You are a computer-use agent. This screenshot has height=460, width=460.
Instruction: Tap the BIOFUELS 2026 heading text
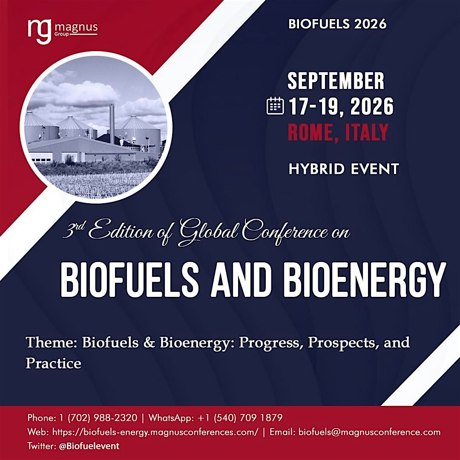tap(337, 24)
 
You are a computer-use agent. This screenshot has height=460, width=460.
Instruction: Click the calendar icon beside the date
tap(275, 106)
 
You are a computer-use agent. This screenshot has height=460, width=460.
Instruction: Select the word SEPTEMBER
tap(336, 81)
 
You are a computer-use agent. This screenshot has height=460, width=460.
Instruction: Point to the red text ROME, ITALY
tap(338, 132)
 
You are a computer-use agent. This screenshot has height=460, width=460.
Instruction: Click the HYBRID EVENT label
tap(343, 169)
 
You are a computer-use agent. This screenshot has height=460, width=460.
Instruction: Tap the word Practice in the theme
tap(53, 363)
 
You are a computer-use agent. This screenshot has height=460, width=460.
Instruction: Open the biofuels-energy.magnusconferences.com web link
tap(155, 432)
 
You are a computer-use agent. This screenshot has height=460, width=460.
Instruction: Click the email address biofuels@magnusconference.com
tap(370, 432)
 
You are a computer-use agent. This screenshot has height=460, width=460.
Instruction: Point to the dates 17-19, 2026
tap(341, 106)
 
